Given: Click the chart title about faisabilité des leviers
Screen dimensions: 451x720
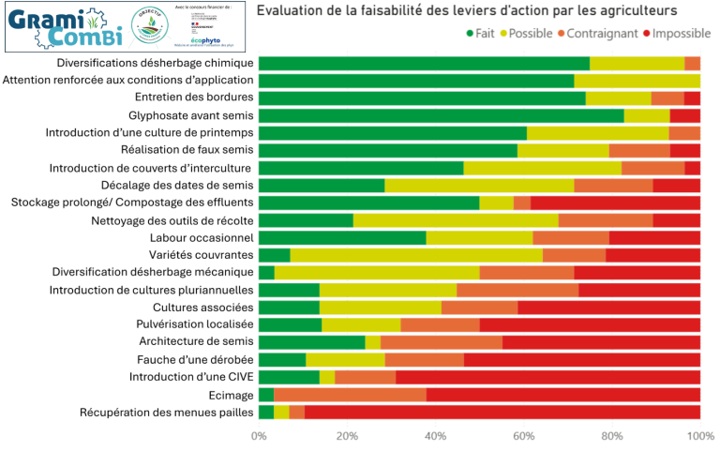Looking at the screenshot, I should pos(466,11).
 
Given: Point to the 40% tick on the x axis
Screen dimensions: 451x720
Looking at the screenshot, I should pos(435,437).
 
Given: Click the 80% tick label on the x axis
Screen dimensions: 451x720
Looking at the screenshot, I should pos(611,437).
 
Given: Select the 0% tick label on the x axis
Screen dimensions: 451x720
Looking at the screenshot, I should pos(259,437).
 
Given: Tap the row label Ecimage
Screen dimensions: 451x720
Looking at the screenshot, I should pos(231,395).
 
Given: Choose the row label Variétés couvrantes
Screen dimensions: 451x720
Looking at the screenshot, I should pos(201,255).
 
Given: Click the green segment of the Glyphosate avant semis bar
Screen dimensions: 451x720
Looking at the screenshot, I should pos(441,115).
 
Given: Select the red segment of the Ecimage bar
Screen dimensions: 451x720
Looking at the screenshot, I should pos(562,395).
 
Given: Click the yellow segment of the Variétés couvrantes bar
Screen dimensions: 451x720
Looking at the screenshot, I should pos(416,255).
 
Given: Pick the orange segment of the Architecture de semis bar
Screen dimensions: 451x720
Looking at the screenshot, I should pos(441,342).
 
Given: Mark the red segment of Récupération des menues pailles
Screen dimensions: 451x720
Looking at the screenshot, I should pos(502,413).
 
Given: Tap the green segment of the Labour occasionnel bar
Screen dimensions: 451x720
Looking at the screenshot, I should pos(342,237).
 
